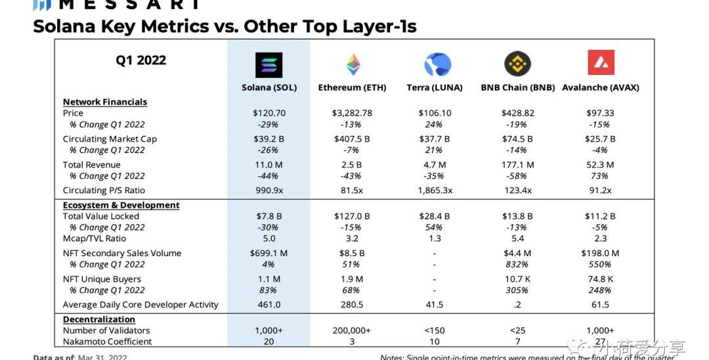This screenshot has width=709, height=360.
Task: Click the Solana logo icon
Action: [x=269, y=65]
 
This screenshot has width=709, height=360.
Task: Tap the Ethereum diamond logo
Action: [x=353, y=65]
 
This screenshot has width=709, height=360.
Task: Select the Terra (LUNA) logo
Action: [x=437, y=65]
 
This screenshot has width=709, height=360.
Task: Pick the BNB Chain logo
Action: [x=517, y=64]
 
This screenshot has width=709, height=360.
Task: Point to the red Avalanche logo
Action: [x=601, y=63]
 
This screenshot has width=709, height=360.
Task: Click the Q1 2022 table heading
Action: [x=140, y=60]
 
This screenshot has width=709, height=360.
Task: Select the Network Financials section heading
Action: [x=105, y=102]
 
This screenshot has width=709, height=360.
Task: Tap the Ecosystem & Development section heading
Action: [x=121, y=205]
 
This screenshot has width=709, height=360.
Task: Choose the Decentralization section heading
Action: [x=99, y=319]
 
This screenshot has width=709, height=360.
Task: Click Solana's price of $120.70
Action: [x=269, y=113]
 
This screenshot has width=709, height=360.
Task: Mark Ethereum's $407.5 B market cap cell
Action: [x=352, y=139]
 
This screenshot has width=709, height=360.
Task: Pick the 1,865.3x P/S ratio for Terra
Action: [x=434, y=191]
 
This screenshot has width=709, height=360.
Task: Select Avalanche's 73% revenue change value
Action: [x=600, y=175]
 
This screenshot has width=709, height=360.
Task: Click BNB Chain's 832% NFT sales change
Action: [x=517, y=264]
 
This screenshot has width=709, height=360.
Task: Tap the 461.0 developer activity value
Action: [x=269, y=305]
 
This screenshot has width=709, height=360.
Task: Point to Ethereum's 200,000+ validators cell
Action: [x=352, y=330]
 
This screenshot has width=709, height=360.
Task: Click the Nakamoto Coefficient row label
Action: [x=107, y=342]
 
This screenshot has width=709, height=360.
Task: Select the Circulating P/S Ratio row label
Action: [x=104, y=191]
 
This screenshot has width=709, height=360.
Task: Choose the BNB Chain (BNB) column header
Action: [x=517, y=87]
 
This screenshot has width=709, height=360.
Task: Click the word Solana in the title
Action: [x=72, y=26]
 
